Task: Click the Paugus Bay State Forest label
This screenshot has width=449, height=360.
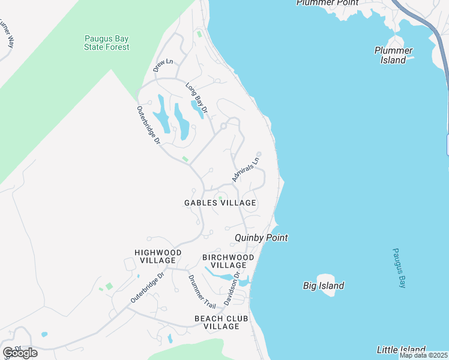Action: (x=106, y=43)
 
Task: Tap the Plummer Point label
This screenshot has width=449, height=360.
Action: (x=327, y=3)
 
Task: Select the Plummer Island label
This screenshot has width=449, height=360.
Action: (x=393, y=55)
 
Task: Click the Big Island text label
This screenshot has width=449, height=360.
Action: (x=324, y=286)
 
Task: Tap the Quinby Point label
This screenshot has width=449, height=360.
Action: (x=261, y=238)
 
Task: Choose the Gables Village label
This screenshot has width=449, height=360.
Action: (x=220, y=203)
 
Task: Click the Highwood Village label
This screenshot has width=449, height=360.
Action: (x=155, y=257)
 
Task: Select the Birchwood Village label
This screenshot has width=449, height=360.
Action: (x=228, y=261)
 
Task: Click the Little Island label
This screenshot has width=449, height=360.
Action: (x=401, y=349)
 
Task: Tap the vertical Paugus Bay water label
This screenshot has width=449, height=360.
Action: (x=399, y=268)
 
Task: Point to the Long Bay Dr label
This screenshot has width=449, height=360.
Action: (x=196, y=98)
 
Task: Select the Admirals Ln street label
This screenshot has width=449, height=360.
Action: (x=246, y=170)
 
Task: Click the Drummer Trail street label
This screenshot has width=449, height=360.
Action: (x=198, y=292)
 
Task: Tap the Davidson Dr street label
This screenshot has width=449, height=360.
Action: (x=232, y=289)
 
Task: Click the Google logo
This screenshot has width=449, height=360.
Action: (x=19, y=353)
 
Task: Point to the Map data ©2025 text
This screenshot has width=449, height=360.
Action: (x=424, y=355)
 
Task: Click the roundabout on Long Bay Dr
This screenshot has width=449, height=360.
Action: (x=223, y=126)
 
